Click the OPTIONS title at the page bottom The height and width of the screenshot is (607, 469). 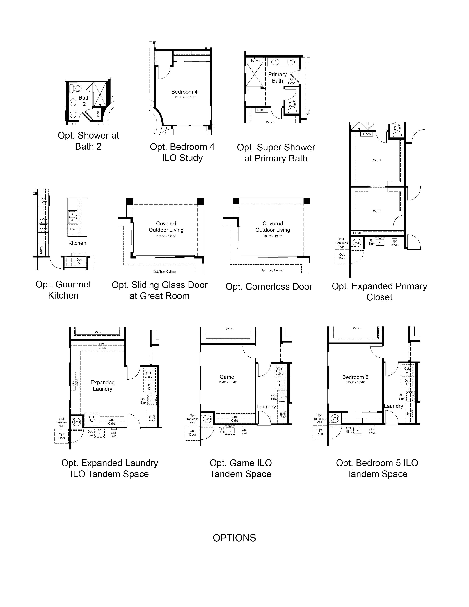(234, 538)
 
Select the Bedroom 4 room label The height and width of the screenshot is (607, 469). (184, 92)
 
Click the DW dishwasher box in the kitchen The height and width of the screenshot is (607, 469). (73, 229)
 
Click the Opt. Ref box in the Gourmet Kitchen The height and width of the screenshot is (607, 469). (79, 261)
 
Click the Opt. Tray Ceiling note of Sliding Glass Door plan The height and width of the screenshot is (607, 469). (164, 271)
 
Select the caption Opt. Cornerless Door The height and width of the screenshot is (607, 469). (269, 287)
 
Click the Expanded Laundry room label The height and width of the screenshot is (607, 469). (102, 386)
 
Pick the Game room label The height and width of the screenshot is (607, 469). (227, 377)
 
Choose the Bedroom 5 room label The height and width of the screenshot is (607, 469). (355, 377)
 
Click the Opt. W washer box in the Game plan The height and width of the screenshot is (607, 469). (280, 371)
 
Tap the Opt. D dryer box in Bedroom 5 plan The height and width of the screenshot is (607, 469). (407, 382)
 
